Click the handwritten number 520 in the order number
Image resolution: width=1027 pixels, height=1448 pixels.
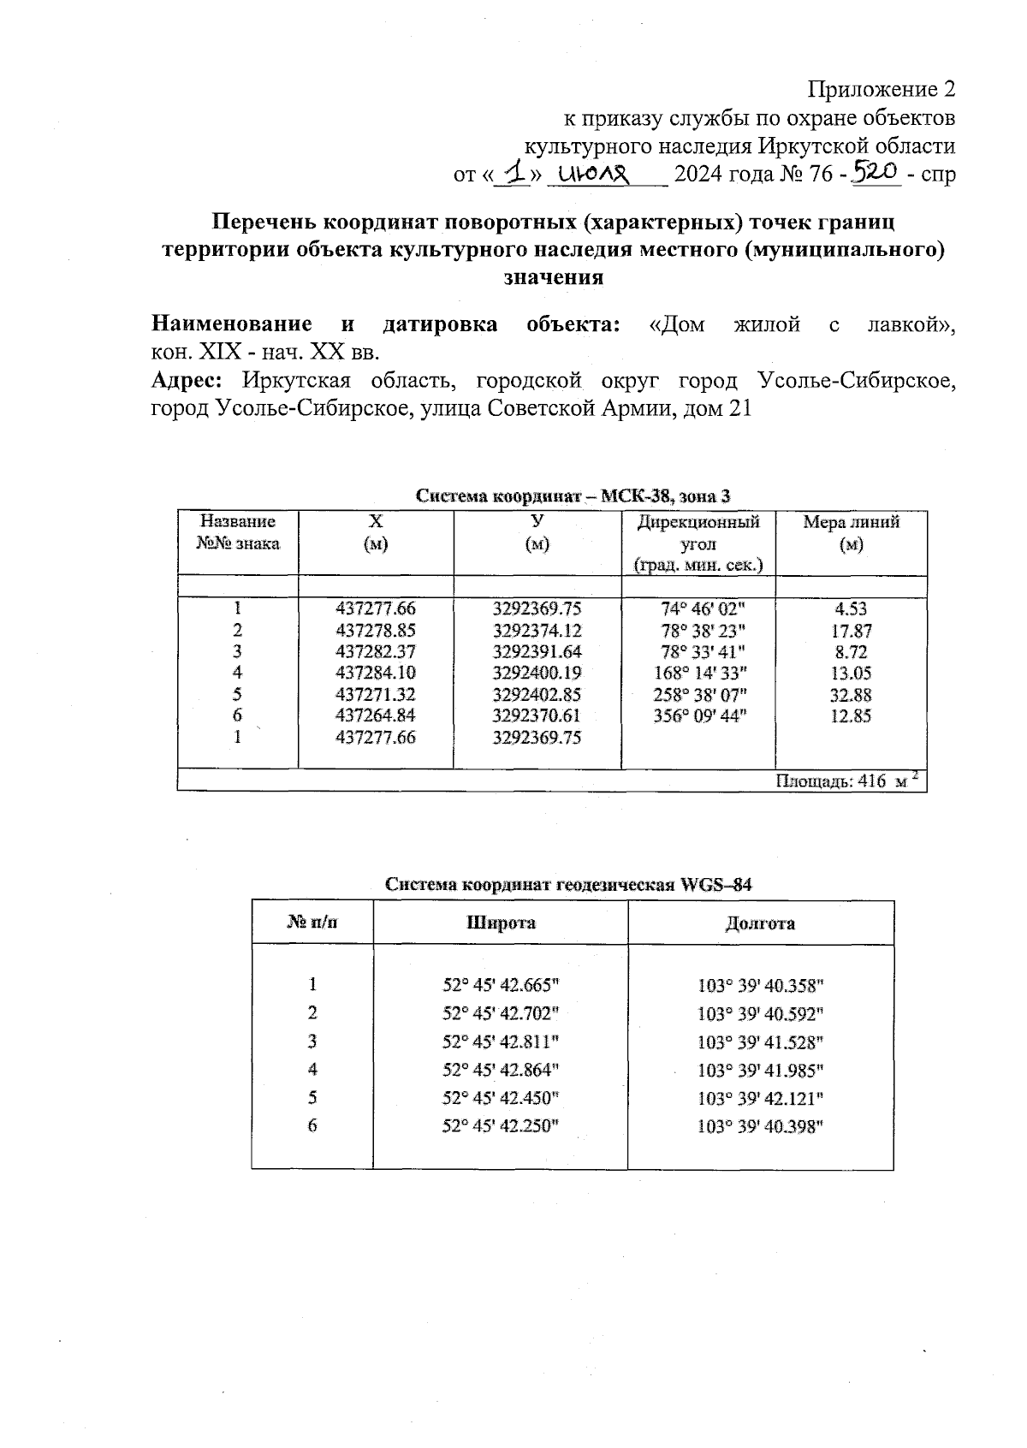pyautogui.click(x=875, y=174)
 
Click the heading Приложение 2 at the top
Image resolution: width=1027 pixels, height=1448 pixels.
pyautogui.click(x=882, y=89)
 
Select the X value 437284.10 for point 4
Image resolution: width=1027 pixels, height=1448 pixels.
pyautogui.click(x=376, y=673)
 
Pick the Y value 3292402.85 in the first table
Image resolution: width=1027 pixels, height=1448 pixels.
pyautogui.click(x=537, y=694)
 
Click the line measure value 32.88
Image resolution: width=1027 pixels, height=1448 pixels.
pyautogui.click(x=851, y=695)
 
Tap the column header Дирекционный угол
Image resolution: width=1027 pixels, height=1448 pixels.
pyautogui.click(x=698, y=543)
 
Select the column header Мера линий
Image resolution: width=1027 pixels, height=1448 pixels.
pyautogui.click(x=851, y=532)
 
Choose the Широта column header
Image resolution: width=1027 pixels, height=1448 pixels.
pyautogui.click(x=501, y=923)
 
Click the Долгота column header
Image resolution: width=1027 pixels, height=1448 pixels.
pyautogui.click(x=759, y=923)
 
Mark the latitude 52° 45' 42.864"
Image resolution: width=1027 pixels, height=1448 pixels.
pyautogui.click(x=500, y=1069)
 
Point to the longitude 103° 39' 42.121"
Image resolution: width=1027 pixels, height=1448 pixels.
pyautogui.click(x=760, y=1098)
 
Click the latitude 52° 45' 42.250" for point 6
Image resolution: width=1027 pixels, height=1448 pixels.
pyautogui.click(x=500, y=1126)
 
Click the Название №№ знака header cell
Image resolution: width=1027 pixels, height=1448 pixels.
pyautogui.click(x=237, y=531)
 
